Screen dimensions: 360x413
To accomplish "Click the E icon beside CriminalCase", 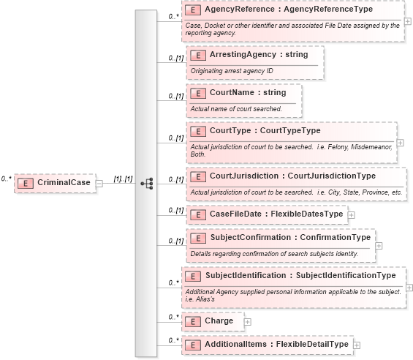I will point(25,183).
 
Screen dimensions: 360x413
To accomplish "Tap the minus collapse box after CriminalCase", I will point(99,184).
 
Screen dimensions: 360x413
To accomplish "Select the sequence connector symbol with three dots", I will point(146,183).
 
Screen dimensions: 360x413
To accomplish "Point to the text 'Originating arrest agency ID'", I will point(232,70).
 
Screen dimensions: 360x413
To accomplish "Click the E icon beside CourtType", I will point(197,132).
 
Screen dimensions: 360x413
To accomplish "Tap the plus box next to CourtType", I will point(400,143).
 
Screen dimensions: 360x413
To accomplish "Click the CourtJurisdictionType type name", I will point(332,176).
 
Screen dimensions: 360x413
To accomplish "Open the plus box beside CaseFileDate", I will point(352,215).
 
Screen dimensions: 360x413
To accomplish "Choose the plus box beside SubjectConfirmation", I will point(379,246).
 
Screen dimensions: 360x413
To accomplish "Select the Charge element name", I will point(219,321).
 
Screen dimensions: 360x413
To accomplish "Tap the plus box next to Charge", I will point(247,322).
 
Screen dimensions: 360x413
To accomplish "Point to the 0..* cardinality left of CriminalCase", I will point(6,178).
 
